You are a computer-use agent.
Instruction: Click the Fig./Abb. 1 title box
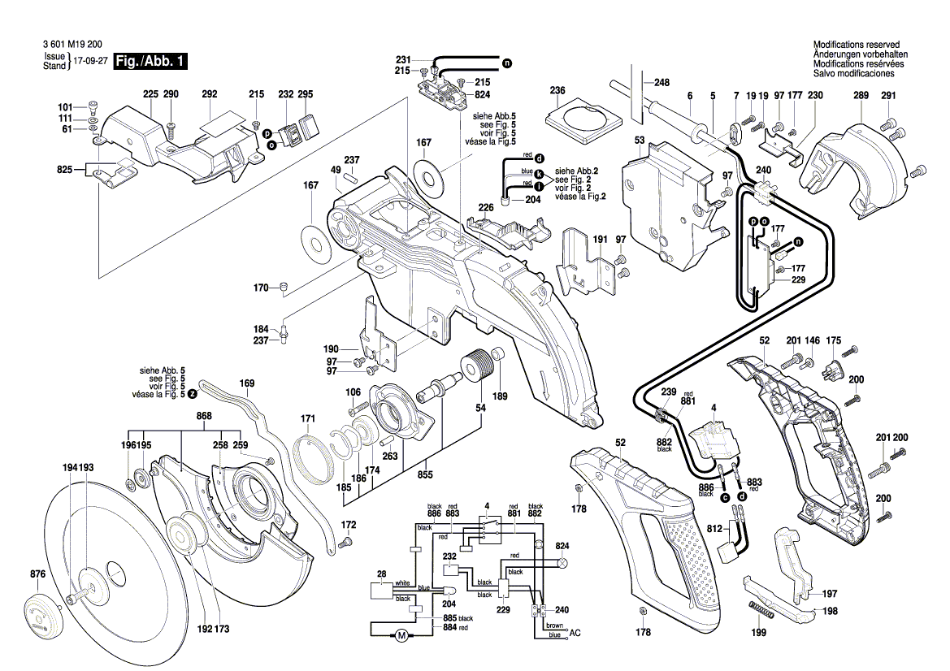[151, 62]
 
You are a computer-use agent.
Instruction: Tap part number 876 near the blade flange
[37, 575]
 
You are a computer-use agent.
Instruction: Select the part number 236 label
[557, 90]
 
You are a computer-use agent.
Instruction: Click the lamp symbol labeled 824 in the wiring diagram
[562, 562]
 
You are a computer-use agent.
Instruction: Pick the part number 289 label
[861, 96]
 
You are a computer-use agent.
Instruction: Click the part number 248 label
[662, 83]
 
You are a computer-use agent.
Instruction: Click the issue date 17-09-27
[90, 62]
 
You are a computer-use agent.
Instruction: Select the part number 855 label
[425, 474]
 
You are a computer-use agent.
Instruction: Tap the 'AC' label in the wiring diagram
[575, 633]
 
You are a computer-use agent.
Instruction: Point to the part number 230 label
[815, 96]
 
